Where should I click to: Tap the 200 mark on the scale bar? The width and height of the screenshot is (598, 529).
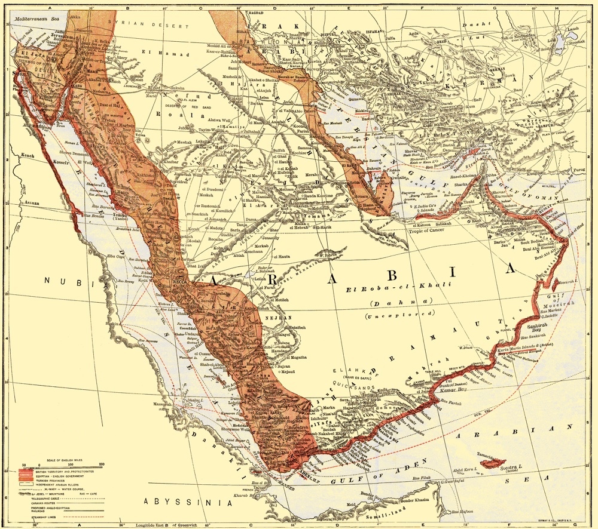102,465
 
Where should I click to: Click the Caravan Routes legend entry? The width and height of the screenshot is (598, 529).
43,503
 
